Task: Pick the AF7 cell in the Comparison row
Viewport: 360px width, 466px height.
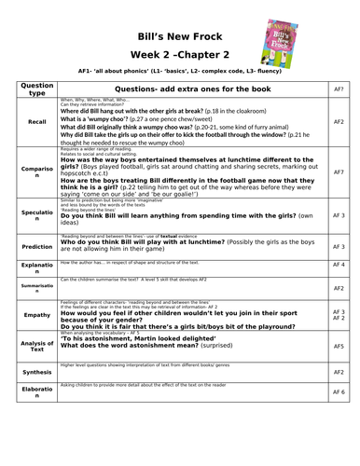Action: [x=339, y=172]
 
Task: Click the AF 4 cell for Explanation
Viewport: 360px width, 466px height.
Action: [x=339, y=266]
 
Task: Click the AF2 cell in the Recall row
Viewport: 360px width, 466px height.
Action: [x=339, y=121]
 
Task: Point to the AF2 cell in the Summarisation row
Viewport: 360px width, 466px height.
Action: [x=339, y=289]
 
